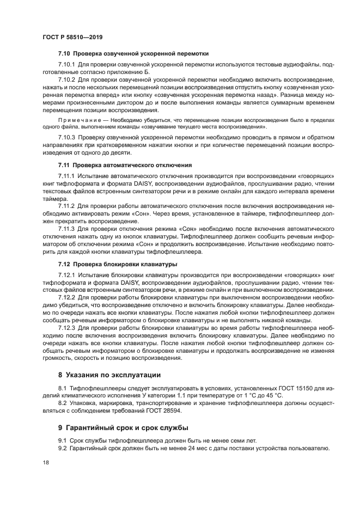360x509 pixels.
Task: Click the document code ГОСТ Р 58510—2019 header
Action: tap(72, 38)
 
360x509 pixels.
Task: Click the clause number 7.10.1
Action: tap(67, 65)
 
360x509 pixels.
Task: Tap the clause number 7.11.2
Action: tap(66, 207)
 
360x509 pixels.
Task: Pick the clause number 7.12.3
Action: tap(67, 329)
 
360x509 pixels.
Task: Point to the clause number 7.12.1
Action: tap(67, 276)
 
